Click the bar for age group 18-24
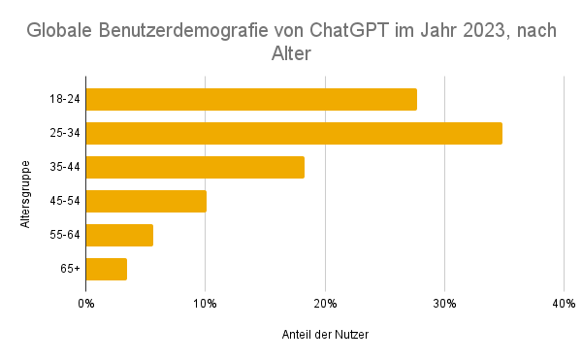[251, 99]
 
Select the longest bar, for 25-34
[294, 133]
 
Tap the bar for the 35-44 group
[195, 167]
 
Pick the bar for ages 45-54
[145, 201]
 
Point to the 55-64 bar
[119, 235]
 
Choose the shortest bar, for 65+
[106, 269]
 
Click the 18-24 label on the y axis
[64, 99]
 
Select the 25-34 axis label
[64, 133]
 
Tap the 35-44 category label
[64, 167]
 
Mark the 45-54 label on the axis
[64, 201]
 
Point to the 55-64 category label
[64, 235]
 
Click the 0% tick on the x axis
[85, 305]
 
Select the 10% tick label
[205, 305]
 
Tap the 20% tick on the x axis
[324, 305]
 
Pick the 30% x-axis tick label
[444, 305]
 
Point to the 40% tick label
[564, 305]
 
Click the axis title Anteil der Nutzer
[324, 335]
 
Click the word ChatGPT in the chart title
[366, 30]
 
